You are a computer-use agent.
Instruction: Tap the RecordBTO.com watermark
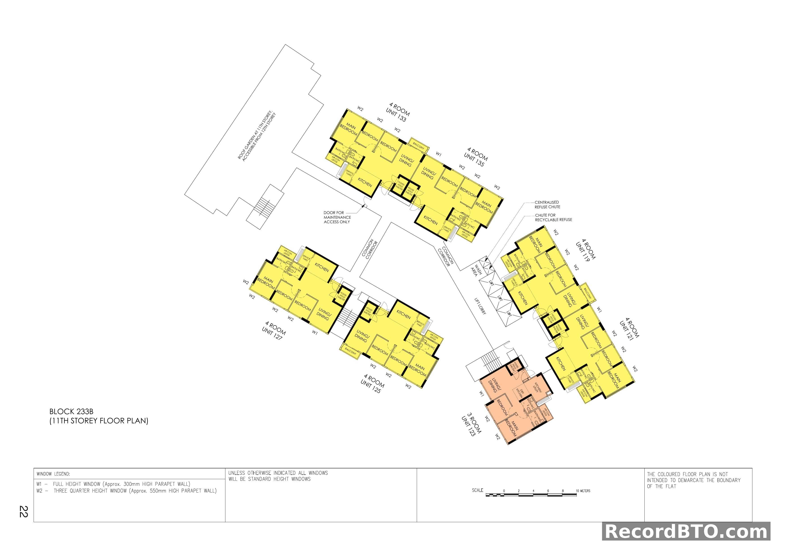coord(686,532)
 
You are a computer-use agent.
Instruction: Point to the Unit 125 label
coord(372,384)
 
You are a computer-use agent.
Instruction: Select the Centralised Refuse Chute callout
coord(547,204)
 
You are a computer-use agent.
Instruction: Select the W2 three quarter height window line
coord(127,491)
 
